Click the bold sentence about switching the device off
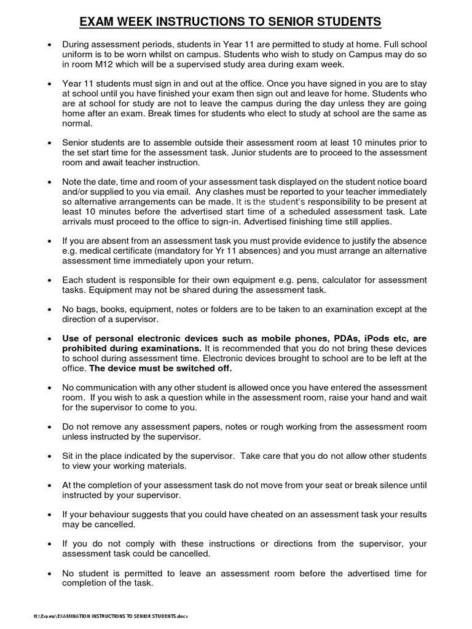pyautogui.click(x=160, y=369)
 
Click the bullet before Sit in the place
pyautogui.click(x=49, y=457)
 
